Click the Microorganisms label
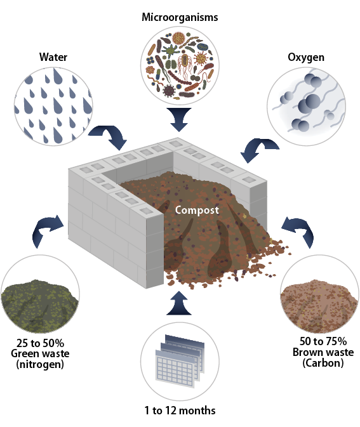pyautogui.click(x=180, y=18)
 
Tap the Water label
pyautogui.click(x=53, y=57)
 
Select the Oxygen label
pyautogui.click(x=306, y=58)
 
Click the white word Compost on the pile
pyautogui.click(x=197, y=210)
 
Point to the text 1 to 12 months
pyautogui.click(x=180, y=410)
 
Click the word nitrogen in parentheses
pyautogui.click(x=40, y=364)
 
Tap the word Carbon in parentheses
pyautogui.click(x=323, y=363)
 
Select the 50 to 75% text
pyautogui.click(x=323, y=341)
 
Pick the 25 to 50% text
pyautogui.click(x=40, y=343)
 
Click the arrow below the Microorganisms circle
pyautogui.click(x=179, y=120)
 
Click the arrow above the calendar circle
pyautogui.click(x=179, y=304)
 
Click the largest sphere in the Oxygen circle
pyautogui.click(x=310, y=103)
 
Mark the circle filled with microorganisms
pyautogui.click(x=180, y=65)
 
